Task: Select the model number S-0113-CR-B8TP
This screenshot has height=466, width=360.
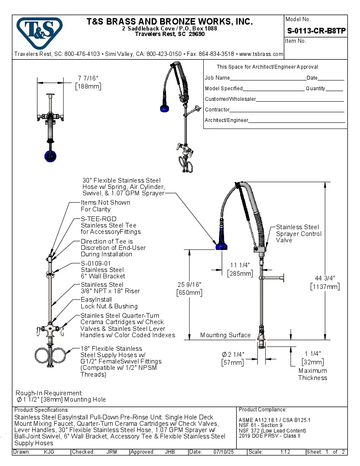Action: click(316, 31)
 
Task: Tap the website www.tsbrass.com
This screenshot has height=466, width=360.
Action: click(261, 54)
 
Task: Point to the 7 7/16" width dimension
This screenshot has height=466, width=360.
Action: click(88, 78)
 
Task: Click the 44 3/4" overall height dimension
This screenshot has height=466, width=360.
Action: click(325, 278)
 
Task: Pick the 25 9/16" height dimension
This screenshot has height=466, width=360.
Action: click(189, 285)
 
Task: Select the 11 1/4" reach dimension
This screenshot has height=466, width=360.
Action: click(240, 265)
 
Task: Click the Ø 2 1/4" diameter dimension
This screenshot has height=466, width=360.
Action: click(233, 354)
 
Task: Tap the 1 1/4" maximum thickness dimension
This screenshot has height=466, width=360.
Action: click(313, 353)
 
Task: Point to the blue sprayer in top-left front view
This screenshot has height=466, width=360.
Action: click(50, 156)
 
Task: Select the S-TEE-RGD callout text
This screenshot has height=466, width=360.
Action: click(99, 219)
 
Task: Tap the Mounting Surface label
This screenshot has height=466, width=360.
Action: click(225, 335)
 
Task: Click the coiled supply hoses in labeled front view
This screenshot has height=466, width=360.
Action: click(50, 355)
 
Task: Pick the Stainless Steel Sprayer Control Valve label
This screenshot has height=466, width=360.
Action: click(299, 233)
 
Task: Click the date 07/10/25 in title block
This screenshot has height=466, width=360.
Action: click(224, 452)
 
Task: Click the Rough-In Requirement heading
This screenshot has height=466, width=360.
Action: click(49, 393)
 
